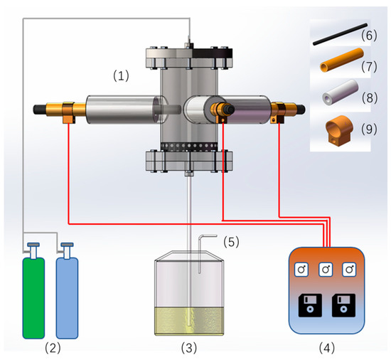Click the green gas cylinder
pyautogui.click(x=33, y=298)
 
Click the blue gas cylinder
pyautogui.click(x=67, y=298)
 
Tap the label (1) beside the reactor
pyautogui.click(x=121, y=75)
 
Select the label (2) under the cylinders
pyautogui.click(x=53, y=347)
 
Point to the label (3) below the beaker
pyautogui.click(x=189, y=347)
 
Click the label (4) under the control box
pyautogui.click(x=327, y=347)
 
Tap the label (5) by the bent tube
pyautogui.click(x=231, y=242)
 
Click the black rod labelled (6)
pyautogui.click(x=340, y=34)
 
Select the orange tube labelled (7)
pyautogui.click(x=342, y=60)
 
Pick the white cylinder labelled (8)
pyautogui.click(x=341, y=92)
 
